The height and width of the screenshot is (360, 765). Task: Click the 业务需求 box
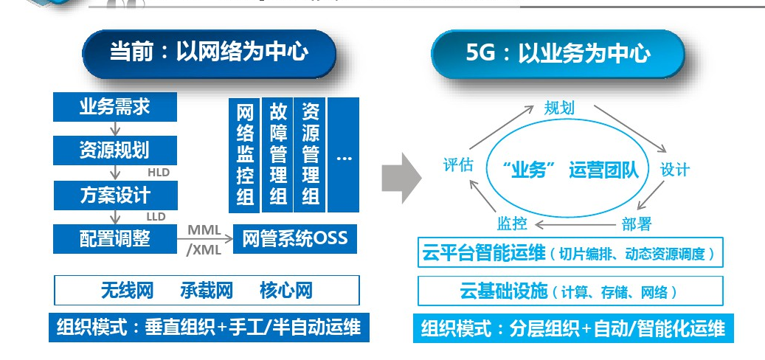tap(115, 108)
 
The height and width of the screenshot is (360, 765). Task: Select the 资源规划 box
tap(115, 150)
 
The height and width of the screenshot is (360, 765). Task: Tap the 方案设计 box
tap(115, 195)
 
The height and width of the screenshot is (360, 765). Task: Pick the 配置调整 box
tap(115, 239)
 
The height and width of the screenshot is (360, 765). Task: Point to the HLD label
tap(159, 173)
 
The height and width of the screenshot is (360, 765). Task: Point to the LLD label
tap(156, 217)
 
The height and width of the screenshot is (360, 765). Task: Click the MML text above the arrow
tap(204, 229)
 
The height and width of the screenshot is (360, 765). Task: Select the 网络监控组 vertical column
tap(245, 154)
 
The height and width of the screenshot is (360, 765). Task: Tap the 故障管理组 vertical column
tap(278, 154)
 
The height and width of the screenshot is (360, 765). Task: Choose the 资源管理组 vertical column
tap(311, 154)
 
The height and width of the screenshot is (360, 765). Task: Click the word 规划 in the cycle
tap(559, 108)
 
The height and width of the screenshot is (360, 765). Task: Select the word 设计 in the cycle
tap(674, 169)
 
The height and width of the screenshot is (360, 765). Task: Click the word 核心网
tap(286, 291)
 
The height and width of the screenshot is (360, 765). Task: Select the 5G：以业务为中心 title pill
tap(558, 54)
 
